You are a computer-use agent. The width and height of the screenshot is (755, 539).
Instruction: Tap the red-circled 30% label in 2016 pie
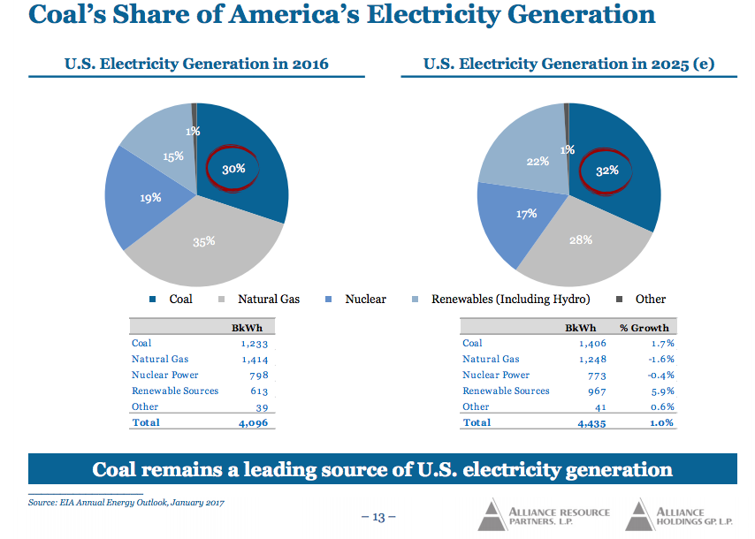pos(233,168)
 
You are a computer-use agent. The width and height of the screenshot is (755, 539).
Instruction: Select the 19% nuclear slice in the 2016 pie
pos(150,198)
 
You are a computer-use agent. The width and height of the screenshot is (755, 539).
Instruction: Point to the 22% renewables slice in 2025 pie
pos(538,162)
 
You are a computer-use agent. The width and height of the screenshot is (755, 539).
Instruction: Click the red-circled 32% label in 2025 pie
pos(607,171)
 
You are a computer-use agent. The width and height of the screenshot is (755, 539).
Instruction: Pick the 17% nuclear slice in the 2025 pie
pos(527,214)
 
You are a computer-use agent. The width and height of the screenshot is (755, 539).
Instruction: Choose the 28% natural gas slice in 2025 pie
pos(581,240)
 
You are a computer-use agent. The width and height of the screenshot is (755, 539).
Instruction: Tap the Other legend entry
pos(643,299)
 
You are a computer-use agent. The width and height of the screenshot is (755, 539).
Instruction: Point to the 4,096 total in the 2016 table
pos(253,423)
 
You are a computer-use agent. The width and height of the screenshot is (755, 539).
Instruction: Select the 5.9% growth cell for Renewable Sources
pos(661,391)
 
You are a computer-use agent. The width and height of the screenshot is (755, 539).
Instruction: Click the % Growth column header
pos(644,328)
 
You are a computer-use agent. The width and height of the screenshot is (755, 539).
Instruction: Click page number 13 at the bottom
pos(378,517)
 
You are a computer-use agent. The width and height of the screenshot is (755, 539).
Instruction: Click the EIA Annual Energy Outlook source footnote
pos(126,503)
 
